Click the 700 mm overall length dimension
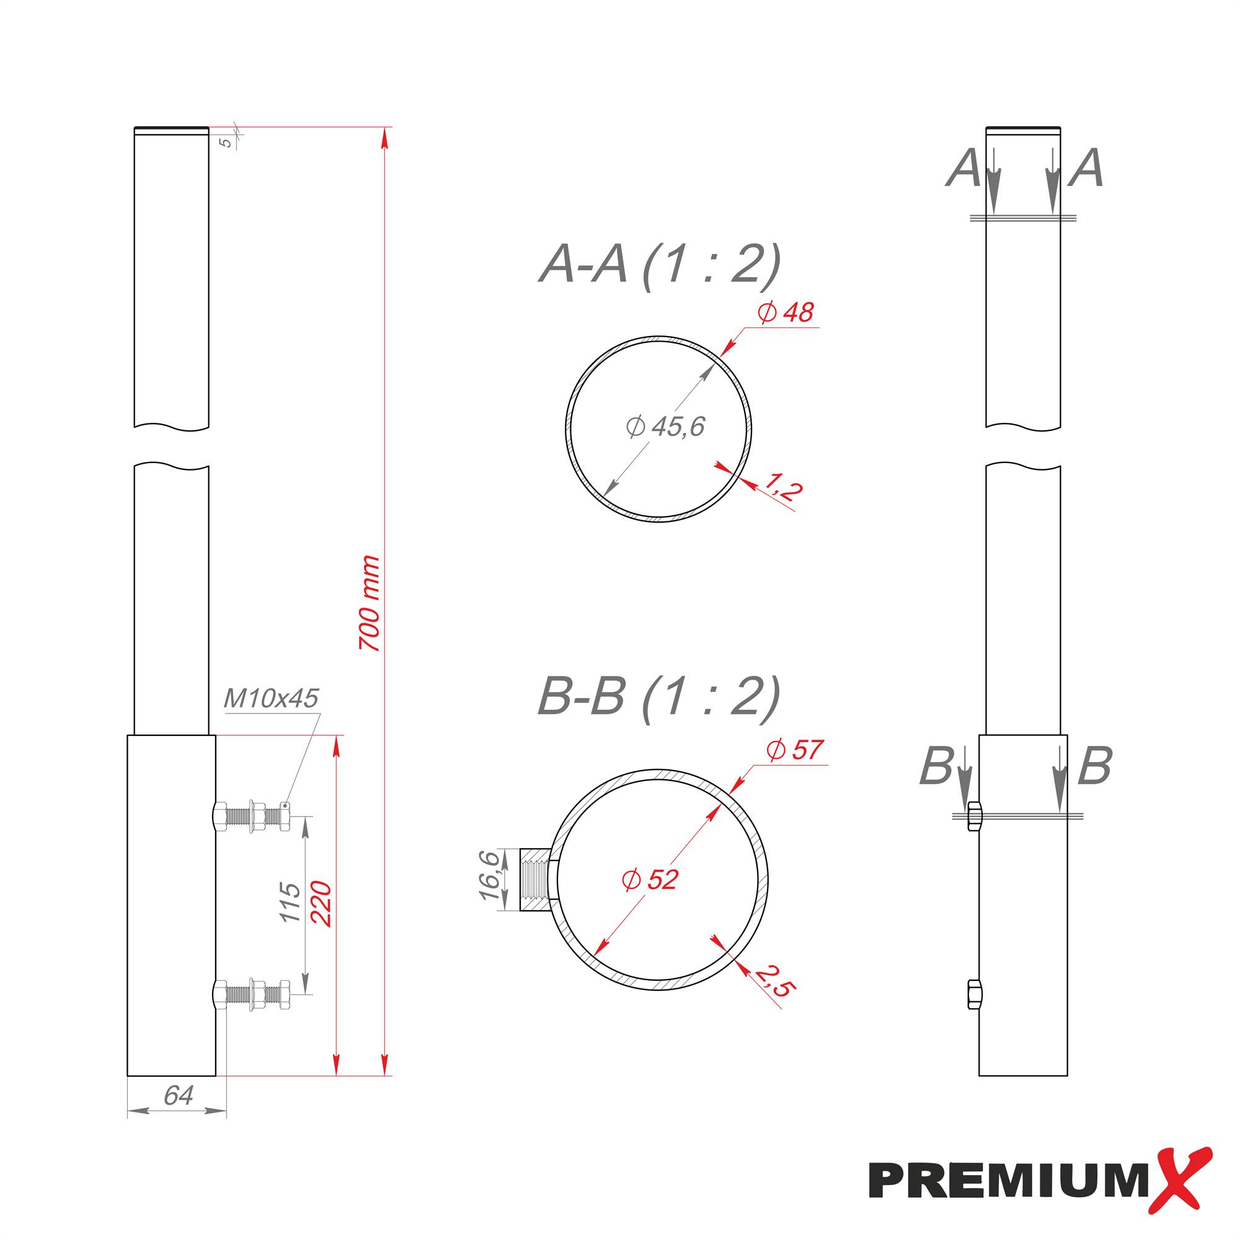tap(370, 604)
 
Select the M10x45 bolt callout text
tap(271, 698)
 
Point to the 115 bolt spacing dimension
tap(291, 901)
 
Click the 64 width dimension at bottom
tap(178, 1096)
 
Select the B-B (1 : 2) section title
tap(658, 696)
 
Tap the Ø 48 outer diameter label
tap(786, 312)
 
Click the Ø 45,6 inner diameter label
tap(665, 426)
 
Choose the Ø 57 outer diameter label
tap(795, 750)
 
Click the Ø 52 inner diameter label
tap(650, 879)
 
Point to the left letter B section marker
tap(936, 766)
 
